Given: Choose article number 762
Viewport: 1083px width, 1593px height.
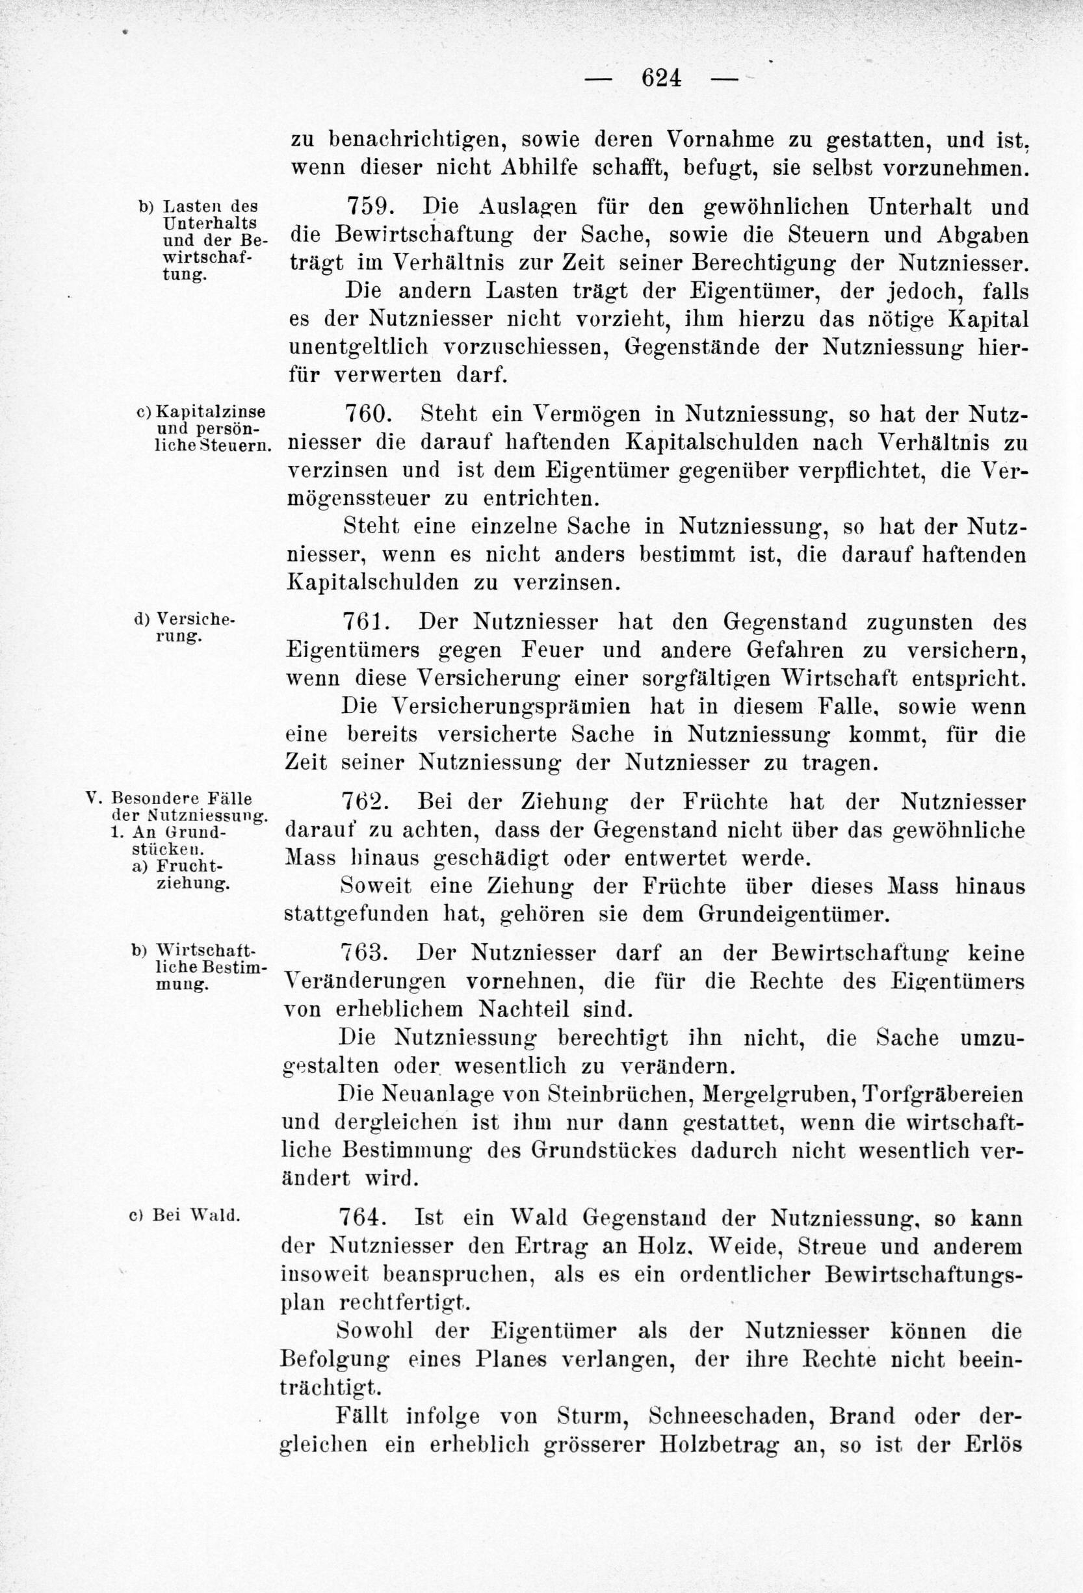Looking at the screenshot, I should [367, 801].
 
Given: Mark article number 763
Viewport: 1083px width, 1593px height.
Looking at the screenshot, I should [367, 953].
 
